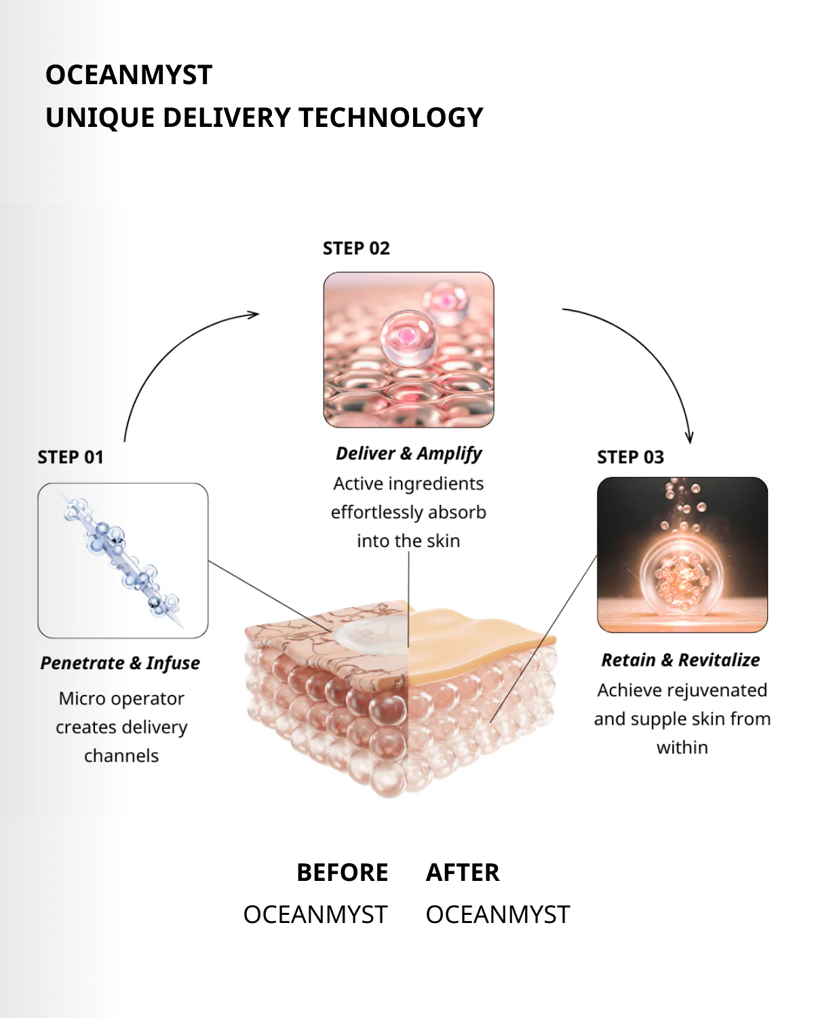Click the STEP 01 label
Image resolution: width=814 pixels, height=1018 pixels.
pyautogui.click(x=71, y=457)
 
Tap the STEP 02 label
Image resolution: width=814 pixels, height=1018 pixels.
pyautogui.click(x=356, y=248)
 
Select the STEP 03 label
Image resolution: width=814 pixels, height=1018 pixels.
pyautogui.click(x=630, y=457)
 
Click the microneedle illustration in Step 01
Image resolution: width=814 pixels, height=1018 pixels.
pyautogui.click(x=123, y=561)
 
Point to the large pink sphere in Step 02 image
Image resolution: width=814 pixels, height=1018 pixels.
pyautogui.click(x=408, y=337)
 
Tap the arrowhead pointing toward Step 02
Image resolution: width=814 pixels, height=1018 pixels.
pyautogui.click(x=254, y=314)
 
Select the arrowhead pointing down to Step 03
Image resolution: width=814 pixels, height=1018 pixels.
pyautogui.click(x=689, y=437)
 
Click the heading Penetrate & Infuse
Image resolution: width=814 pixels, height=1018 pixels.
pyautogui.click(x=120, y=663)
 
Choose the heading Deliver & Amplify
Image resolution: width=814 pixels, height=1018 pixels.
pyautogui.click(x=408, y=453)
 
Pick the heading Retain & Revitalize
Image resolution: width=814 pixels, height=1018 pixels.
pyautogui.click(x=680, y=660)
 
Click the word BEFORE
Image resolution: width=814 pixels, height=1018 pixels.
pyautogui.click(x=343, y=873)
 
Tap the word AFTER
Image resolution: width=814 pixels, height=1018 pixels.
pyautogui.click(x=463, y=873)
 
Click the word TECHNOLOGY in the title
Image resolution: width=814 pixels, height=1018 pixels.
pyautogui.click(x=391, y=118)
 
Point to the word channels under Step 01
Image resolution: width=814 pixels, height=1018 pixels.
pyautogui.click(x=121, y=756)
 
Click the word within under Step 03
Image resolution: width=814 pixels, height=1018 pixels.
pyautogui.click(x=682, y=748)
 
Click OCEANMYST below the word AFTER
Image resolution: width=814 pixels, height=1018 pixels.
pyautogui.click(x=498, y=915)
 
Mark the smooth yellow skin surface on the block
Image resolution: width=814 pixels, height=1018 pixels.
pyautogui.click(x=475, y=641)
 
